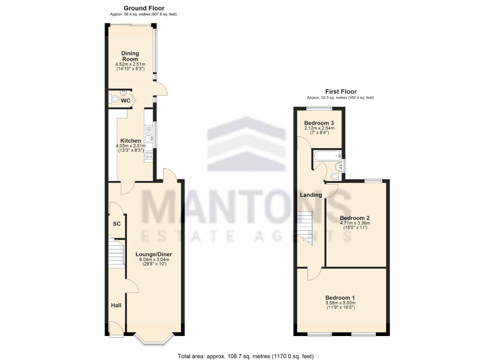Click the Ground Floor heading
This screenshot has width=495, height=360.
coord(144,9)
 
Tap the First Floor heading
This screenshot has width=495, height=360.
coord(341,92)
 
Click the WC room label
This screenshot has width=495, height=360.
coord(126,101)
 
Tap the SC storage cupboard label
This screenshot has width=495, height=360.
coord(117,224)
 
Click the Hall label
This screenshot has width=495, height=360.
coord(116,305)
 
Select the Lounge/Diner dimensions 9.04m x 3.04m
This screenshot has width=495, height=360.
coord(154,260)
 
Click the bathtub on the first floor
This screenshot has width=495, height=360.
coord(327,156)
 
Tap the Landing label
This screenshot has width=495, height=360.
coord(311,195)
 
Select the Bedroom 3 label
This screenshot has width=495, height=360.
coord(319,123)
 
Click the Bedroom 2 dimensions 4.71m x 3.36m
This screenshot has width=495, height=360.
coord(355,223)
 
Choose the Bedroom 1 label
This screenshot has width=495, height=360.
coord(340,298)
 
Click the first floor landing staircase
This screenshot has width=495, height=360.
coord(305,228)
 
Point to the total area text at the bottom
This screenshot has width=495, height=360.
coord(246,357)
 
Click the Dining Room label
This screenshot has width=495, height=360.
coord(130,56)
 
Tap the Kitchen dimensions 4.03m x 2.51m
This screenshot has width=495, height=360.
coord(131,146)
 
